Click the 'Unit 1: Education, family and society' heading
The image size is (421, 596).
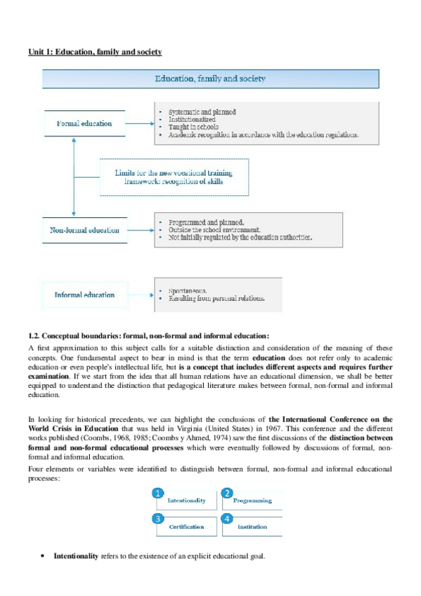[x=95, y=52]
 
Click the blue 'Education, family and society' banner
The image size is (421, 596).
[x=210, y=79]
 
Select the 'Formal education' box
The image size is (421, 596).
[x=84, y=124]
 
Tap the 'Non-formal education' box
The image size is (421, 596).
[x=84, y=229]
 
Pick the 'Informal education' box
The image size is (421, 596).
[x=84, y=294]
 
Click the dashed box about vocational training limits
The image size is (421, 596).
[x=174, y=177]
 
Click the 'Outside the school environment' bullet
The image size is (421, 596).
[x=214, y=229]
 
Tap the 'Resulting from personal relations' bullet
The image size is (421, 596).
[x=216, y=299]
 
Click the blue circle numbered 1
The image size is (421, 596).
[x=159, y=493]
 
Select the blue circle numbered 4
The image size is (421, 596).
[x=227, y=518]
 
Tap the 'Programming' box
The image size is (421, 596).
[x=252, y=500]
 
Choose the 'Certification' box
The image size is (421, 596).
[x=186, y=526]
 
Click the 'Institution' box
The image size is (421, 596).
[x=252, y=526]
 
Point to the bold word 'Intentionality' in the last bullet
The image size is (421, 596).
[x=77, y=556]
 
